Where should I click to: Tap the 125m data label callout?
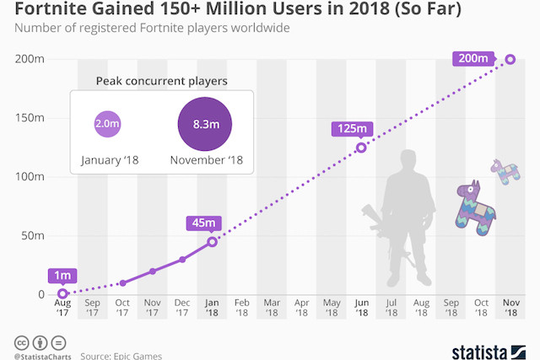[350, 129]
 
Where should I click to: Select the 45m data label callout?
[203, 223]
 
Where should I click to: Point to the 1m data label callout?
[63, 276]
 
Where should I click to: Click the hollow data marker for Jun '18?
[361, 148]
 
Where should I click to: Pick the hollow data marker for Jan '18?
[212, 242]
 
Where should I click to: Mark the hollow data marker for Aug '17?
[62, 293]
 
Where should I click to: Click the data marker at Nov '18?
[510, 59]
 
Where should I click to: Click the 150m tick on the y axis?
[32, 118]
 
